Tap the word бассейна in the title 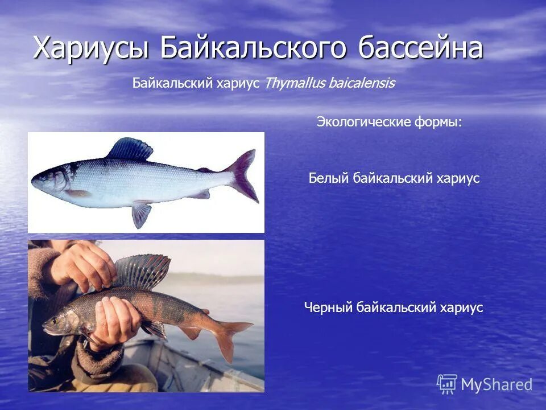tap(420, 48)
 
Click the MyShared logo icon tap(447, 384)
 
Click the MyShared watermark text tap(497, 385)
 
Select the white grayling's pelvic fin tap(141, 214)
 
